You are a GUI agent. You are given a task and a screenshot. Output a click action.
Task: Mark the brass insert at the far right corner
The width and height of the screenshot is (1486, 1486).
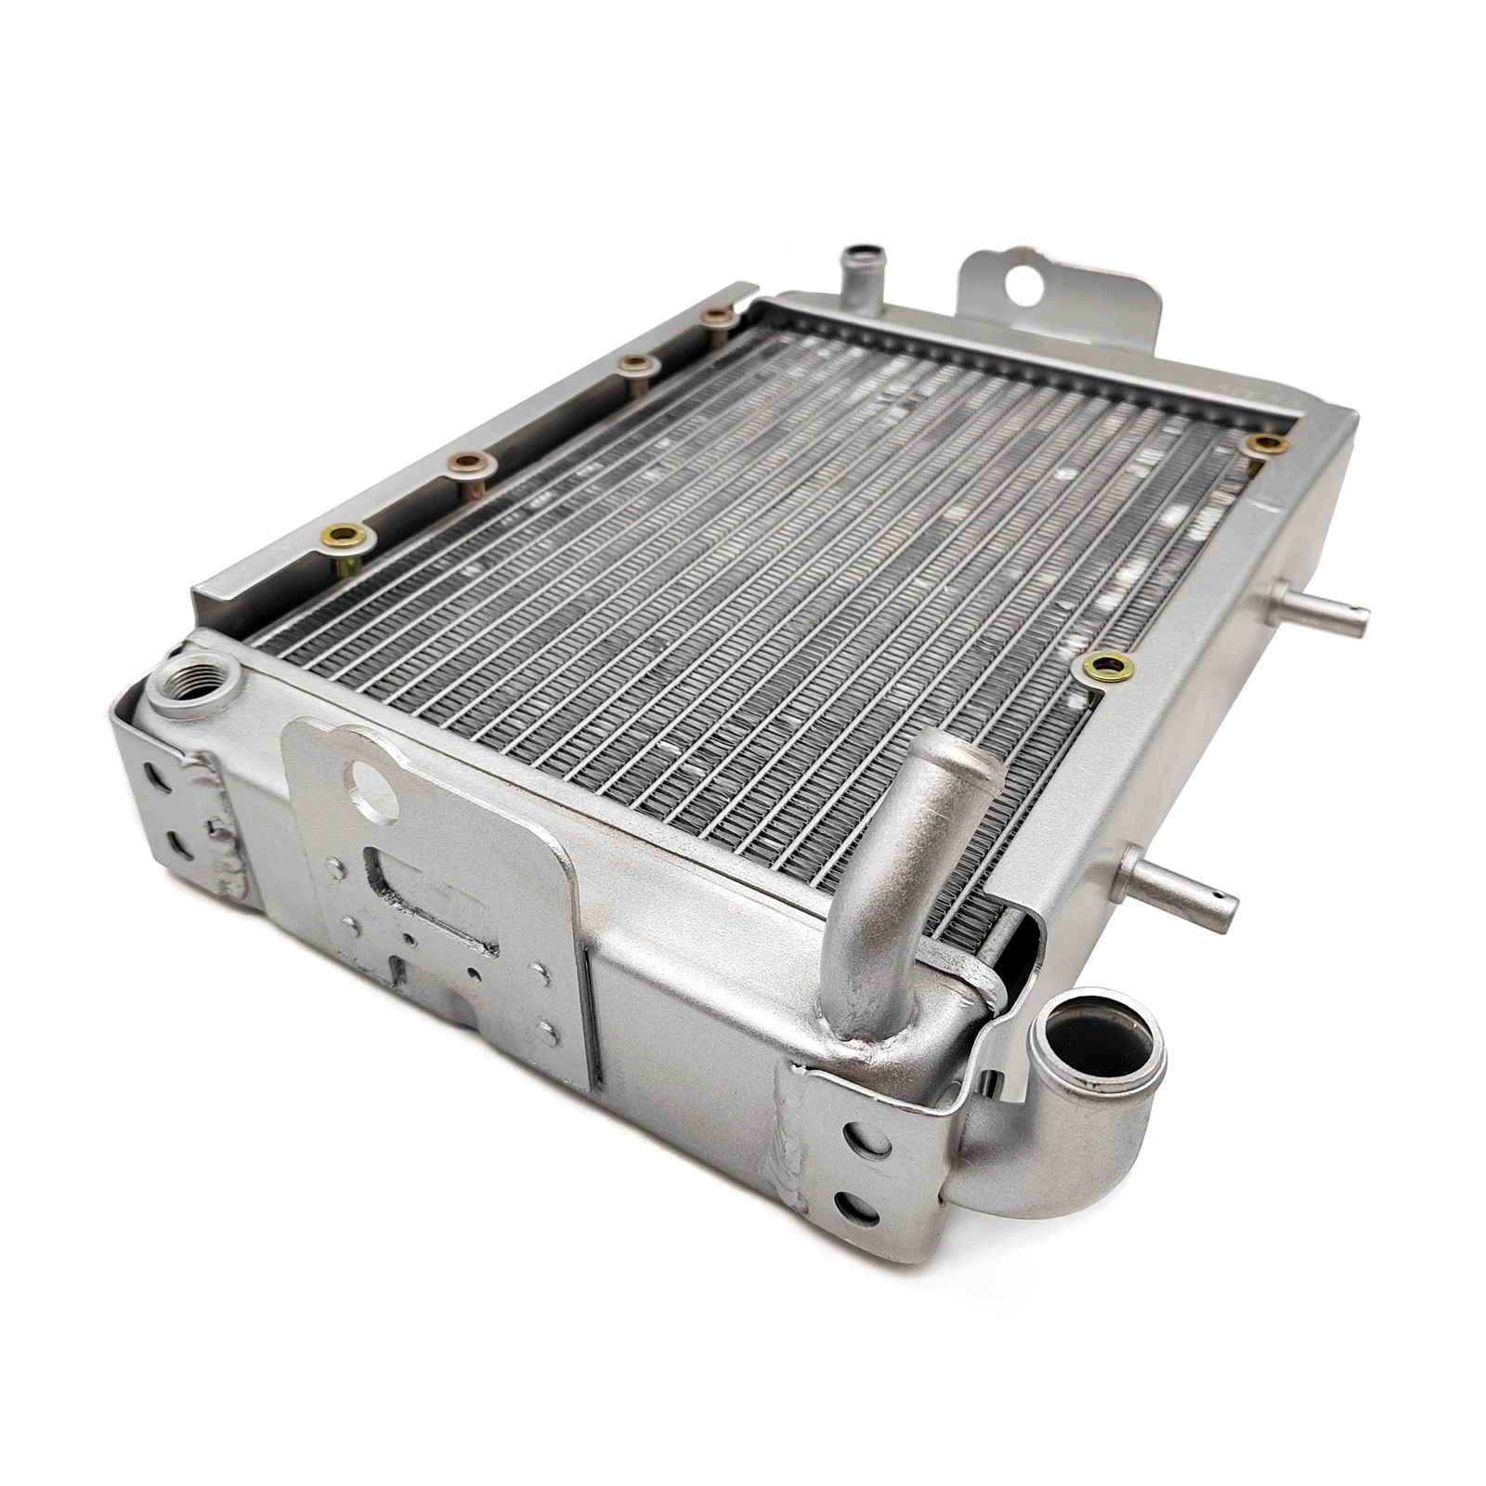pos(1264,443)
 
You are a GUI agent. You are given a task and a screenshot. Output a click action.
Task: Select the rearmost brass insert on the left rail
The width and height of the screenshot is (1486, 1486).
pos(718,317)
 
